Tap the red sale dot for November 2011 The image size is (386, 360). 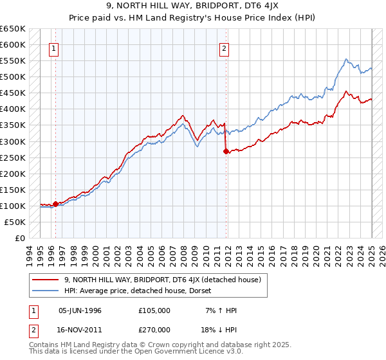(x=226, y=151)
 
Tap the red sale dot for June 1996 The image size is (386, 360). (x=55, y=204)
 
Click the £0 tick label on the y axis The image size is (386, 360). (x=20, y=238)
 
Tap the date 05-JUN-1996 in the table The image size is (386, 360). (x=80, y=310)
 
